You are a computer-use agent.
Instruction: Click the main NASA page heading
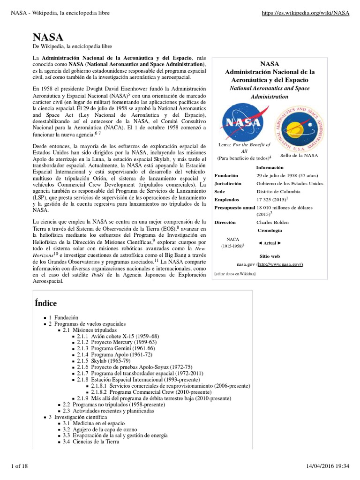click(x=48, y=37)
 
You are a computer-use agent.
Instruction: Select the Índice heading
click(x=45, y=303)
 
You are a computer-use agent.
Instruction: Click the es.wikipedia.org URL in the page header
click(x=305, y=13)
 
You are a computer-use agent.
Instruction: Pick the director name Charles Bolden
click(x=272, y=222)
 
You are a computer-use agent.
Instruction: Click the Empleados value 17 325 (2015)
click(x=275, y=199)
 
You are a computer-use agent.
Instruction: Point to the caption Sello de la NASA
click(x=299, y=155)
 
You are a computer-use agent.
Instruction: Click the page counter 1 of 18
click(x=21, y=465)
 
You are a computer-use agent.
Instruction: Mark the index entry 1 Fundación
click(x=63, y=318)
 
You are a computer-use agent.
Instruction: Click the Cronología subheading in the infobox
click(x=270, y=230)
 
